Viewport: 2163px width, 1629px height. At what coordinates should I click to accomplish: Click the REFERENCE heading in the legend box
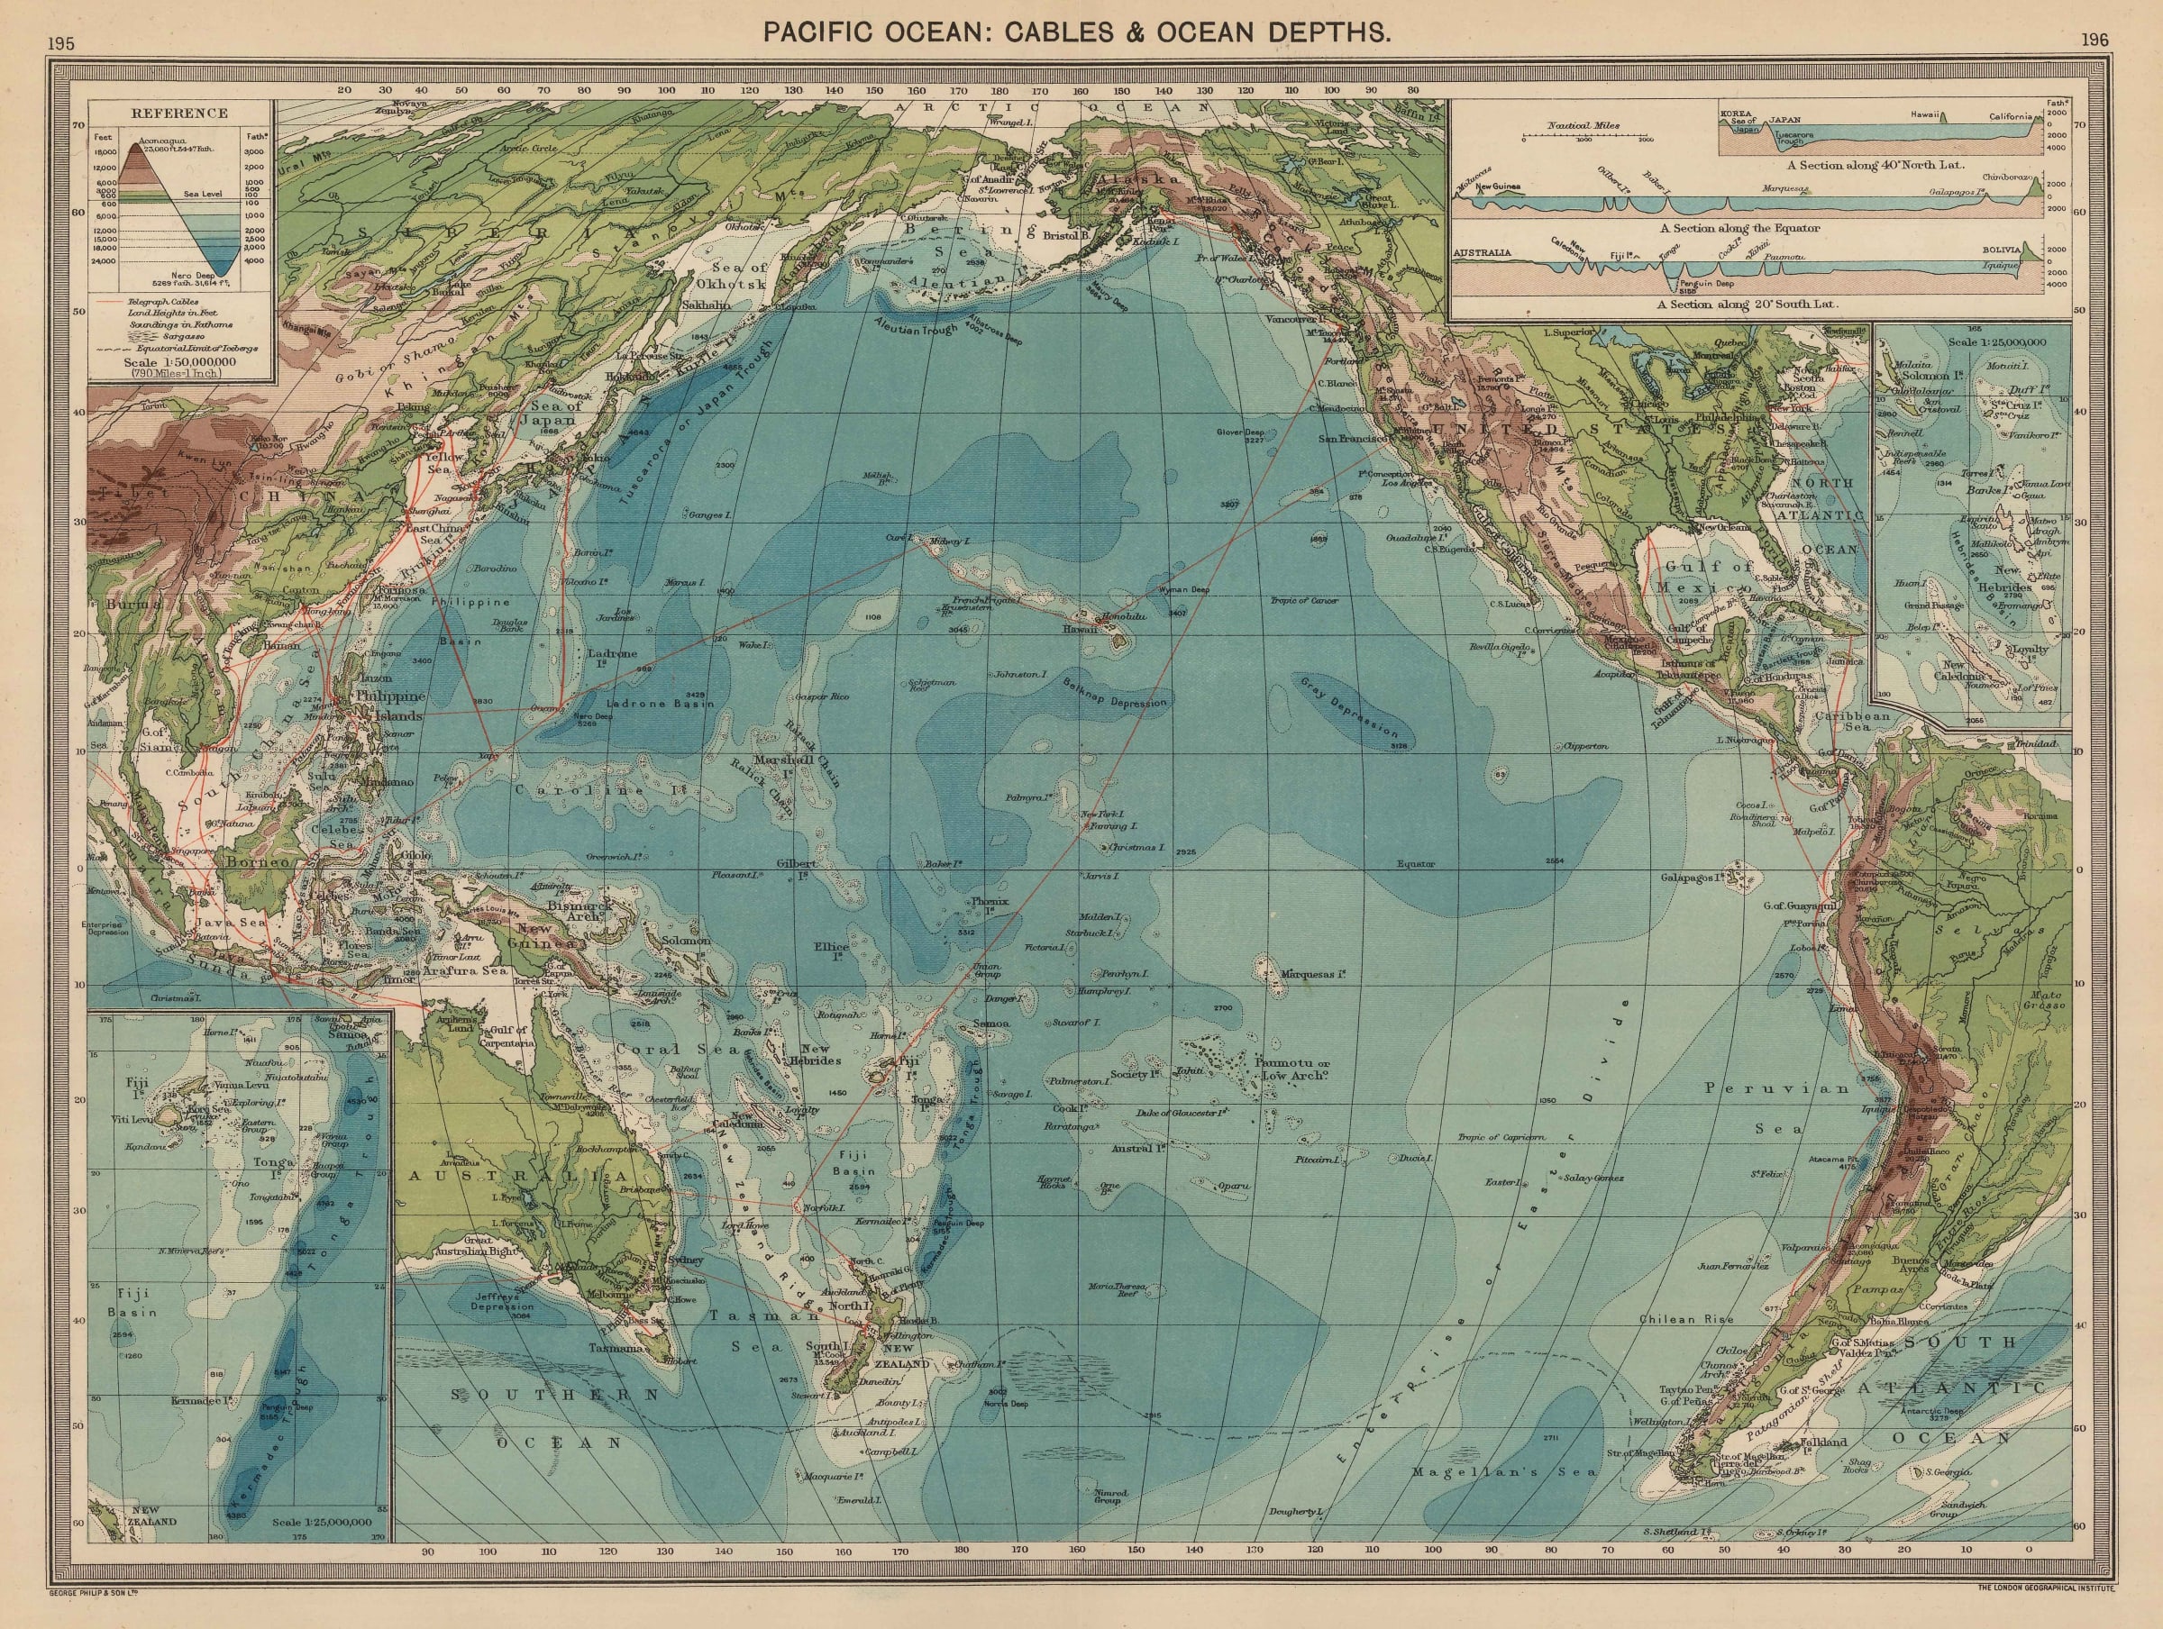tap(180, 113)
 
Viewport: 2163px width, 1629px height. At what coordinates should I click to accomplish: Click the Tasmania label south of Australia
tap(615, 1347)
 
